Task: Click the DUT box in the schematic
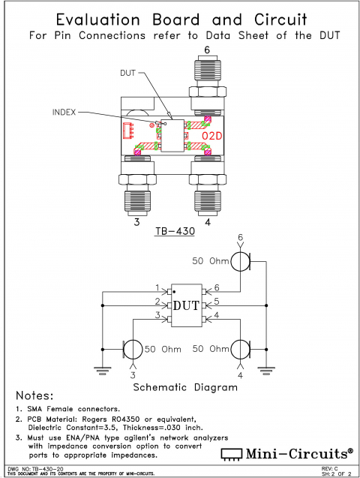click(x=185, y=305)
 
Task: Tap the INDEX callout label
click(x=64, y=112)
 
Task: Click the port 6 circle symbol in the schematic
click(x=240, y=261)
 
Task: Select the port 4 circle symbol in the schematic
click(x=240, y=349)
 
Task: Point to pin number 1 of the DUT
click(x=157, y=287)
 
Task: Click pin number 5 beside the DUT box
click(x=217, y=302)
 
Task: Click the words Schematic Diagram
click(x=185, y=388)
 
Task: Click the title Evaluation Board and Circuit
click(x=180, y=20)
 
